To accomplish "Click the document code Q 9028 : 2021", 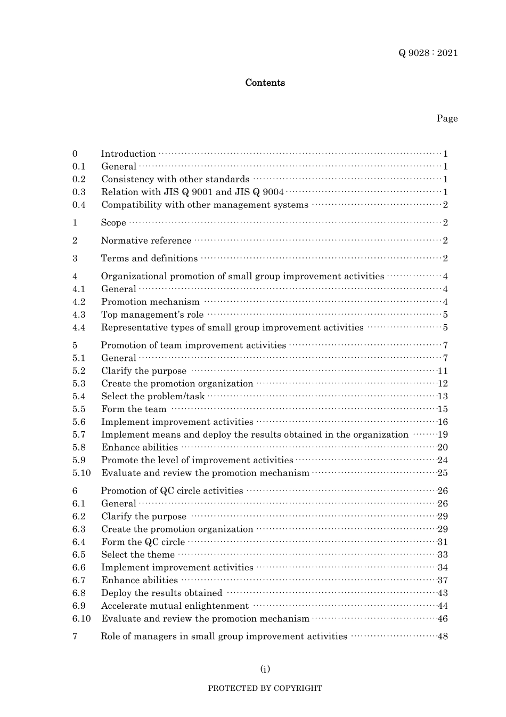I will click(428, 53).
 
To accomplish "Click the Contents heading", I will click(265, 83).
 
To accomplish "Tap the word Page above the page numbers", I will click(447, 118).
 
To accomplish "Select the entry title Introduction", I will click(128, 154).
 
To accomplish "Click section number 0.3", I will click(79, 192).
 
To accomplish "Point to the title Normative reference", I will click(146, 240).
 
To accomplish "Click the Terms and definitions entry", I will click(149, 259).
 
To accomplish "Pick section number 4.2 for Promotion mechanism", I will click(79, 302).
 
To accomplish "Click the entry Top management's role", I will click(152, 315).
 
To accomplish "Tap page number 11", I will click(443, 371).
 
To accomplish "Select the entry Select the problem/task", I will click(153, 397).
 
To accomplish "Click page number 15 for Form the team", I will click(443, 409).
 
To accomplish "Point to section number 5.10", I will click(81, 473).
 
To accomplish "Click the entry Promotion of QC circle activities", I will click(172, 491).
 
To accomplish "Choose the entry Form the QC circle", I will click(143, 542).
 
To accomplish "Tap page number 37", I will click(443, 581).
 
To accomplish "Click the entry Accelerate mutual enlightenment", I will click(175, 606).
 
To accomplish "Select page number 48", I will click(443, 637).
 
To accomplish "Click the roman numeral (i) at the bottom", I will click(265, 669).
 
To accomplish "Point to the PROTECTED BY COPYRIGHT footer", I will click(265, 688).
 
